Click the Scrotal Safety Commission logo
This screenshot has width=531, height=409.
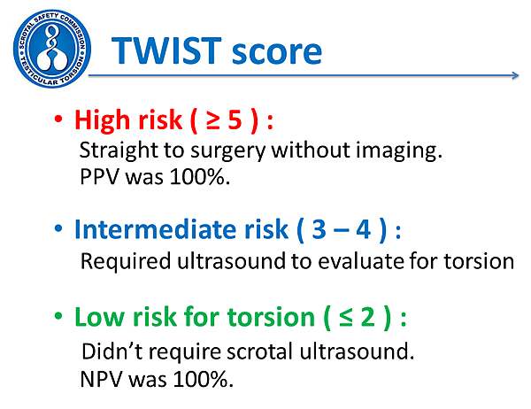point(52,49)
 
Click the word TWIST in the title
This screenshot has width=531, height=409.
point(166,50)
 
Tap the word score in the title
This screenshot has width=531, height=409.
point(277,53)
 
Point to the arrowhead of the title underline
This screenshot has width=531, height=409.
point(516,75)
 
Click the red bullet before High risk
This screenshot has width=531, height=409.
point(58,120)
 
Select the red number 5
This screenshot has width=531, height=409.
point(235,120)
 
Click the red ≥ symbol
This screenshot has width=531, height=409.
point(213,121)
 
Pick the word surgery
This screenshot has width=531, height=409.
point(228,151)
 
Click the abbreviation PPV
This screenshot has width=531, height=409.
point(99,176)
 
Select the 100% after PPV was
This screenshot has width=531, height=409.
point(200,176)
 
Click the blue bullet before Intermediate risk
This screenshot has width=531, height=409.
point(58,228)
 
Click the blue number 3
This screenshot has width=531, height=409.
point(319,229)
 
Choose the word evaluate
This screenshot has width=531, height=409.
point(361,262)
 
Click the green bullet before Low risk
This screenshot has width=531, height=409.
point(58,316)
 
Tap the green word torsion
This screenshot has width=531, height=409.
point(271,318)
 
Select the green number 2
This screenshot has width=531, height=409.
point(368,317)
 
